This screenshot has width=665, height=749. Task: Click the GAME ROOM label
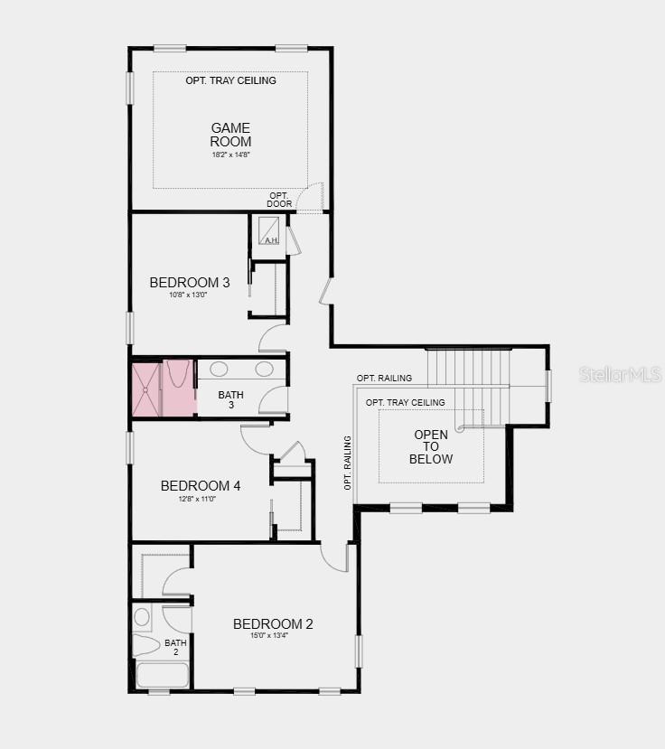pyautogui.click(x=230, y=135)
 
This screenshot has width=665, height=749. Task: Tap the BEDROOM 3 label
pyautogui.click(x=190, y=283)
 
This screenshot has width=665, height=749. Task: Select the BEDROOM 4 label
pyautogui.click(x=201, y=486)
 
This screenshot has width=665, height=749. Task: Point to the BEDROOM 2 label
pyautogui.click(x=273, y=624)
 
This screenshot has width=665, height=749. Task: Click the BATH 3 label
pyautogui.click(x=231, y=400)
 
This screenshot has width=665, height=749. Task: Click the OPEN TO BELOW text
pyautogui.click(x=431, y=447)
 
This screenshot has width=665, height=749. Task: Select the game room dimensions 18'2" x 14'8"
pyautogui.click(x=230, y=154)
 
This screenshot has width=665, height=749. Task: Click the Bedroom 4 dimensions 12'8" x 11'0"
pyautogui.click(x=197, y=499)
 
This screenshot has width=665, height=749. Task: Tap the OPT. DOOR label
pyautogui.click(x=280, y=200)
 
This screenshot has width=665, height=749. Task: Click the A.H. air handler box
pyautogui.click(x=270, y=232)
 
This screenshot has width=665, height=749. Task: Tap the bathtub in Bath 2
pyautogui.click(x=162, y=676)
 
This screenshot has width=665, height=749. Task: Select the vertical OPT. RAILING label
pyautogui.click(x=348, y=462)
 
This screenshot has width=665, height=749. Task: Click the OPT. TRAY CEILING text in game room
pyautogui.click(x=230, y=80)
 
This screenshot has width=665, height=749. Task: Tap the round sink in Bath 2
pyautogui.click(x=142, y=617)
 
